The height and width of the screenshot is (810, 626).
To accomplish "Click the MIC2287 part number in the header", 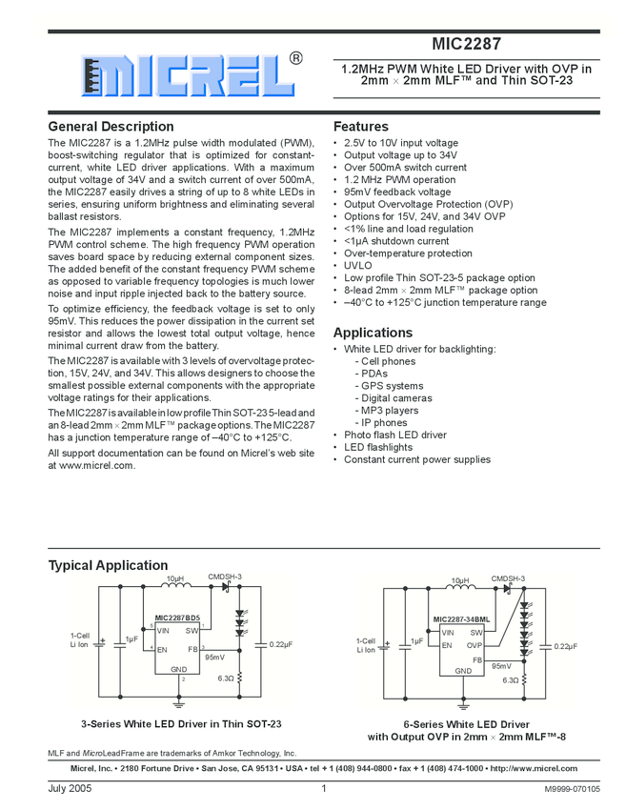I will [466, 44].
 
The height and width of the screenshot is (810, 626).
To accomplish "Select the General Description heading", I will [111, 127].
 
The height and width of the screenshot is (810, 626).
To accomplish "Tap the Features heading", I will [360, 127].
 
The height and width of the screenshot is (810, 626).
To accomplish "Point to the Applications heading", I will [373, 333].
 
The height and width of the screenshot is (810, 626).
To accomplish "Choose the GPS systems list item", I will [390, 386].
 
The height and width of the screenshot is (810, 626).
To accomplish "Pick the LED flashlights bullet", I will [378, 447].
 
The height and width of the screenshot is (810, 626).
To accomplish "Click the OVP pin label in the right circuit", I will [475, 644].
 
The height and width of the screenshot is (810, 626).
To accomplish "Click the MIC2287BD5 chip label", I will [178, 618].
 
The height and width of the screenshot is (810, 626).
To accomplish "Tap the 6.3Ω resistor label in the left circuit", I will [226, 678].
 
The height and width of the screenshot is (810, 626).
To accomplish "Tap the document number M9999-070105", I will [573, 789].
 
